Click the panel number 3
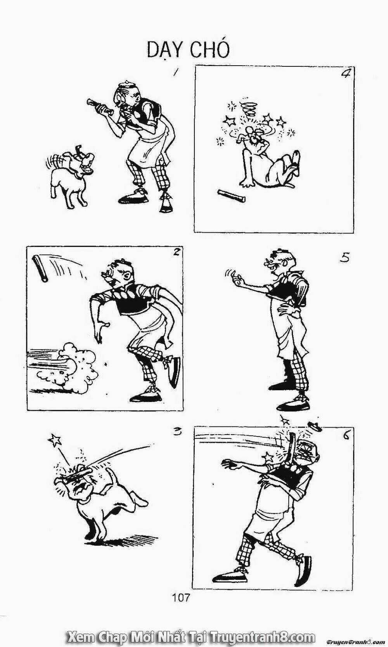(177, 432)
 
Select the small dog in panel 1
(70, 176)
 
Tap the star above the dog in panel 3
(55, 440)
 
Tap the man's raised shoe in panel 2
(174, 372)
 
